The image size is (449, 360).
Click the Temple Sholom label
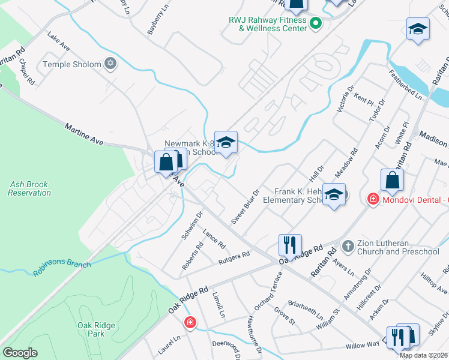click(71, 64)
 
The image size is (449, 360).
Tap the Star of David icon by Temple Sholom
click(110, 63)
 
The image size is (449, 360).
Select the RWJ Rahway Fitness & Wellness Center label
click(267, 24)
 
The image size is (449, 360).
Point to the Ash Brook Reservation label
click(29, 189)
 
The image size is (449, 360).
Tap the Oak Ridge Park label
click(91, 329)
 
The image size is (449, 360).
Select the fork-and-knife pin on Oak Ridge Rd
click(289, 244)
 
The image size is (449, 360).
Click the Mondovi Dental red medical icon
click(372, 198)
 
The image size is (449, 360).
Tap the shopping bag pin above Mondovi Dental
click(392, 179)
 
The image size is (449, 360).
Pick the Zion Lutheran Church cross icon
click(347, 246)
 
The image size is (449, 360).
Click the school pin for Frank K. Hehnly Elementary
click(334, 194)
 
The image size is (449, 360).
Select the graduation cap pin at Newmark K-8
click(226, 142)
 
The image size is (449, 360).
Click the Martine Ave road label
click(84, 133)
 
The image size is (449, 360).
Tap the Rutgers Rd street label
click(234, 256)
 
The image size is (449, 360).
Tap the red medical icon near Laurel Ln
click(190, 323)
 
